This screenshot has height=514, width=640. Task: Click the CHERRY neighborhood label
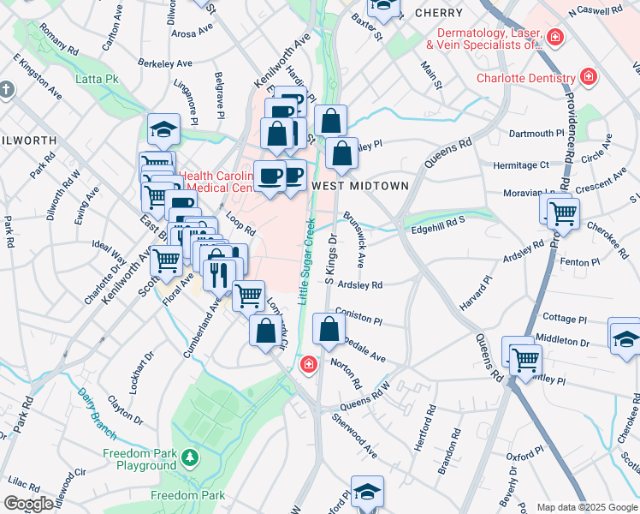click(438, 13)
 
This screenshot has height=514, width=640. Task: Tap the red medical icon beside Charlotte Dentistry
click(588, 78)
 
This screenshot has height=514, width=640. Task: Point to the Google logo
click(28, 504)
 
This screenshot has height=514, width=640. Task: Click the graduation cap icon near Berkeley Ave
click(163, 129)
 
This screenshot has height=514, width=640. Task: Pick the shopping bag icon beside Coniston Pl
click(329, 327)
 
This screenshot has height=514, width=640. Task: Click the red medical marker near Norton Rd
click(308, 366)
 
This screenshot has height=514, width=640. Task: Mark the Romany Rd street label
click(59, 39)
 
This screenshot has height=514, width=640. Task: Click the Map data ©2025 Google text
click(584, 507)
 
